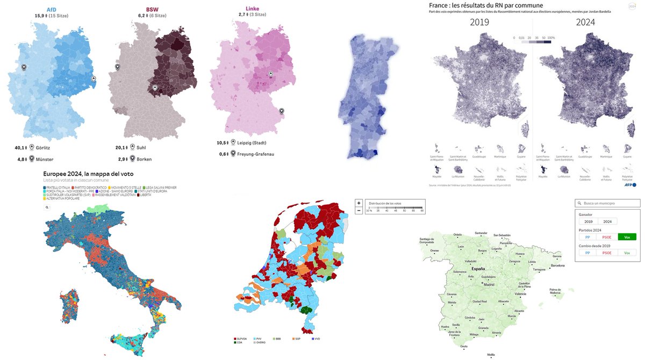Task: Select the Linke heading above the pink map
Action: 253,9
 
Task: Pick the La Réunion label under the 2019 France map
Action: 458,176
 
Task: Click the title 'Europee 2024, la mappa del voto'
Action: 88,174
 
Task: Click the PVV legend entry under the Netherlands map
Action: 259,339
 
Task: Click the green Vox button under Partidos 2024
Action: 627,237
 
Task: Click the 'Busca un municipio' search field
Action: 607,204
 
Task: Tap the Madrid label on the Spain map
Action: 489,285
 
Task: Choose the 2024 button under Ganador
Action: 607,221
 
